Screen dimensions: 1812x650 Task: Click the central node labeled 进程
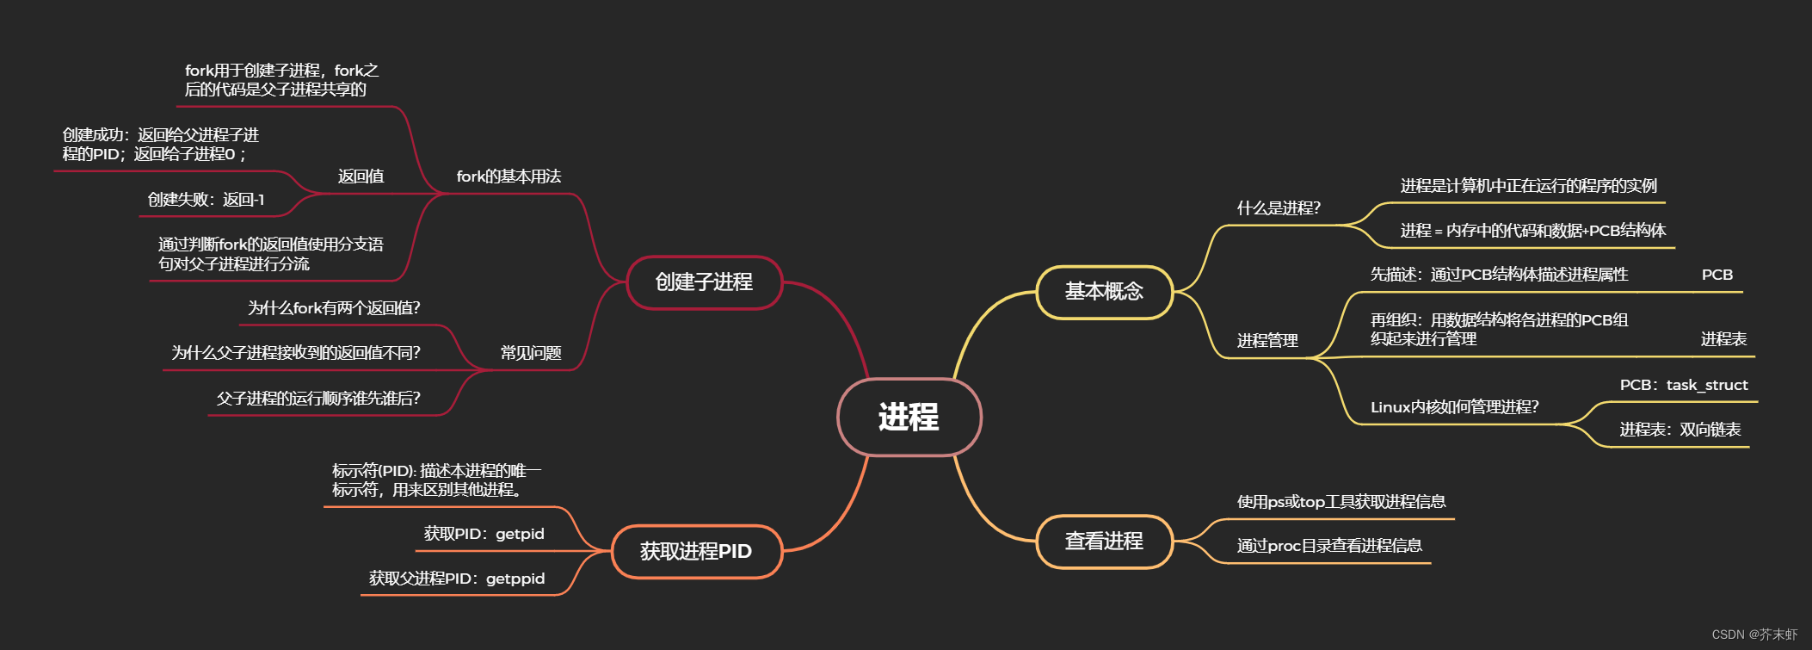(909, 418)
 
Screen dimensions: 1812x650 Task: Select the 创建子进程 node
(704, 282)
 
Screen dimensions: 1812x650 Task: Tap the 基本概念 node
(1104, 292)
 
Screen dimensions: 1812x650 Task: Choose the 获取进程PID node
(696, 551)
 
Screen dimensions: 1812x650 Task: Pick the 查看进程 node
(1104, 542)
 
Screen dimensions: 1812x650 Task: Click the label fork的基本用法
(508, 176)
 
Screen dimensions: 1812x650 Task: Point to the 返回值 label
(361, 176)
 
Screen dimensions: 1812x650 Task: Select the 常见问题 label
(531, 353)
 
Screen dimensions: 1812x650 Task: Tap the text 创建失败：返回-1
(206, 200)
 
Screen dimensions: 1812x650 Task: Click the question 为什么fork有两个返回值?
(334, 308)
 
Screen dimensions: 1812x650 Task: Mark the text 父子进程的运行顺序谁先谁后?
(318, 399)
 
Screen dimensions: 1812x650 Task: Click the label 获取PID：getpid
(484, 534)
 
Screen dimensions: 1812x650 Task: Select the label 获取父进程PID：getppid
(457, 579)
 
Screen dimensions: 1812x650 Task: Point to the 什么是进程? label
(1279, 208)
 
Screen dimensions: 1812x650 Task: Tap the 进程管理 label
(1267, 341)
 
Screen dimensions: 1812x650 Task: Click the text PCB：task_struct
(1684, 385)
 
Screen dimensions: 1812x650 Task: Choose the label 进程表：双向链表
(1680, 430)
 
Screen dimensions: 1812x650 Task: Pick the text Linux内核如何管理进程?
(1455, 407)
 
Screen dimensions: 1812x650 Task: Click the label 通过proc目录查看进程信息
(1329, 546)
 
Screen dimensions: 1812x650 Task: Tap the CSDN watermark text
(1754, 635)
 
